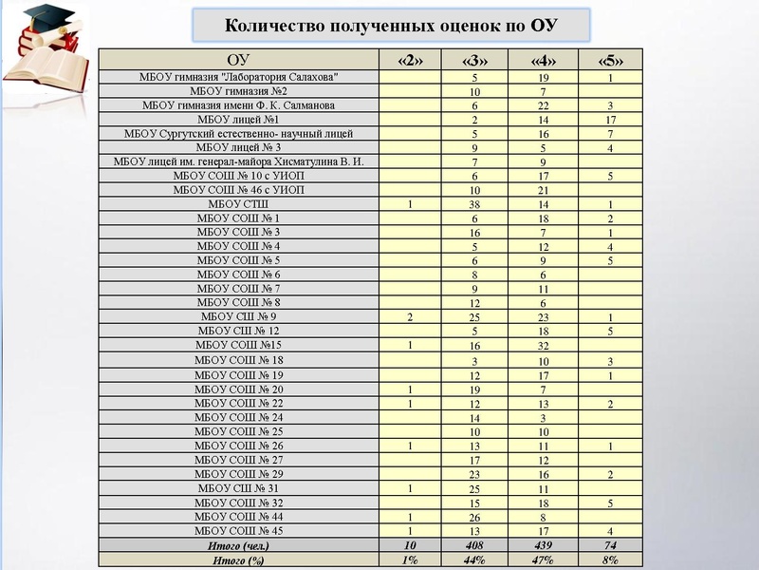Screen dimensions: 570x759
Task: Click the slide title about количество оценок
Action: click(x=390, y=25)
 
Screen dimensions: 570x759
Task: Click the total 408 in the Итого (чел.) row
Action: click(x=473, y=546)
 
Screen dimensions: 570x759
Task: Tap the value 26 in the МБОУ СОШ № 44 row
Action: click(x=473, y=518)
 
